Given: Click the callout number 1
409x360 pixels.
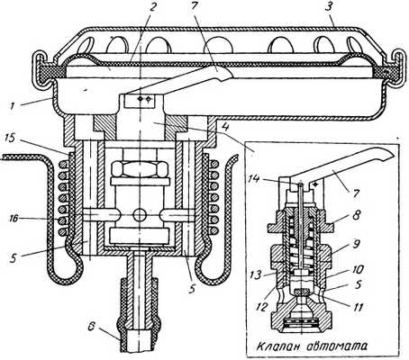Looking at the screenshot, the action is (x=13, y=106).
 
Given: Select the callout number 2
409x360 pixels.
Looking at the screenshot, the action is (x=152, y=8).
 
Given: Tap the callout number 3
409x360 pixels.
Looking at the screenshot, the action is (x=329, y=7).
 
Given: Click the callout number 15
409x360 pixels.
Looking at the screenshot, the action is (x=10, y=141).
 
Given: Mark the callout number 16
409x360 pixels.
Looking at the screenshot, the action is (x=11, y=220).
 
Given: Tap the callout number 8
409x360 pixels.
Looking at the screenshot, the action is (x=356, y=216).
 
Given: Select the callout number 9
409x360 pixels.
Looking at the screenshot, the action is (x=356, y=244).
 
